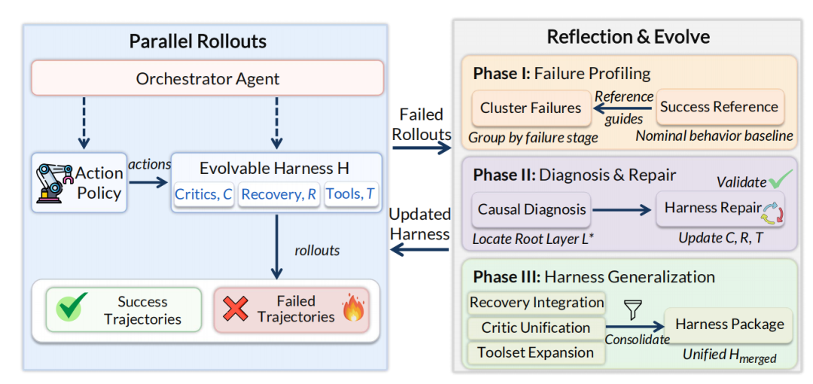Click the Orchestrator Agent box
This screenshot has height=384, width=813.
(208, 78)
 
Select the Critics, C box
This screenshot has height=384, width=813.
(204, 194)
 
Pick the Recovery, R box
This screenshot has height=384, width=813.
(279, 194)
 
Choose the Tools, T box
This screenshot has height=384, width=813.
(351, 194)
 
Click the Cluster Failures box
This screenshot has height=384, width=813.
(531, 108)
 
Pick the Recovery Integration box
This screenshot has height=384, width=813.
(536, 303)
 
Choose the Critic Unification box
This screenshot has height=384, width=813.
(536, 328)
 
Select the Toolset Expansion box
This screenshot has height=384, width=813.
(536, 353)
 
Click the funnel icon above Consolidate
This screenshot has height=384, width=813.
(634, 309)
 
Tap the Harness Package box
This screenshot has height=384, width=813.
(729, 325)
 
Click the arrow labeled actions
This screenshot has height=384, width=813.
(149, 182)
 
